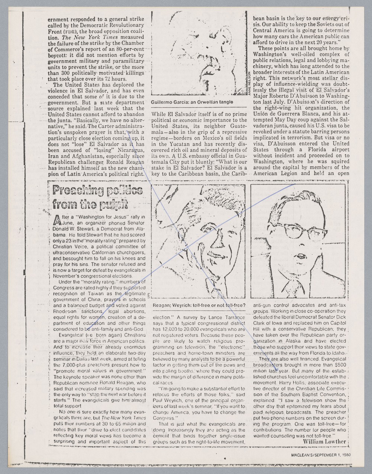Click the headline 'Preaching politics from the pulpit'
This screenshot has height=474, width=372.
98,197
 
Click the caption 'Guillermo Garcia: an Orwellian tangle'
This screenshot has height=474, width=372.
192,102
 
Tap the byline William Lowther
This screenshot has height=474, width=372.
325,441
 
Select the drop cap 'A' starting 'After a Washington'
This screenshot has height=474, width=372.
58,220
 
